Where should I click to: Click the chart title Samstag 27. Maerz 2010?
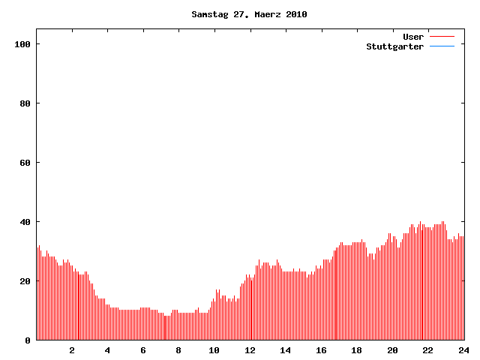pos(249,14)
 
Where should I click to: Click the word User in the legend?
pos(413,37)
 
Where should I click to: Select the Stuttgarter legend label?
pos(394,46)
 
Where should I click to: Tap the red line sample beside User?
pos(442,37)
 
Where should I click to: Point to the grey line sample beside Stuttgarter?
pos(442,46)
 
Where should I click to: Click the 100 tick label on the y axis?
pos(22,44)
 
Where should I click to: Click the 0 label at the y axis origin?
pos(28,340)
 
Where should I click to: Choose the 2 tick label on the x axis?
pos(72,350)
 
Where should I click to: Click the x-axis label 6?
pos(143,350)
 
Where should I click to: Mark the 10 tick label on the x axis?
pos(214,350)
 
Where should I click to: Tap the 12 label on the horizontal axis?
pos(250,350)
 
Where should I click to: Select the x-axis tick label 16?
pos(321,350)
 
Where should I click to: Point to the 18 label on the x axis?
pos(357,350)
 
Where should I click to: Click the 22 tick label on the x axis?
pos(428,350)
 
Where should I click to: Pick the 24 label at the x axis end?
pos(463,350)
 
